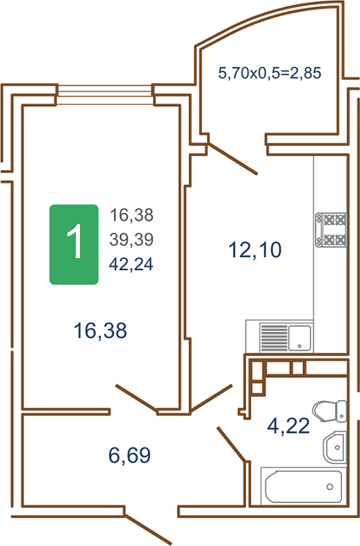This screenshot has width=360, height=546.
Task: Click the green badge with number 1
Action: click(x=74, y=245)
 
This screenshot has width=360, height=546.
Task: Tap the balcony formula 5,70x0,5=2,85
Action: click(x=270, y=73)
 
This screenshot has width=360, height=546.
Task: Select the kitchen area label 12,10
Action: click(x=255, y=250)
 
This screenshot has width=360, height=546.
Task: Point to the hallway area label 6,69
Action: click(x=130, y=455)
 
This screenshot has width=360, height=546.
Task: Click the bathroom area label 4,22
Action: click(x=288, y=426)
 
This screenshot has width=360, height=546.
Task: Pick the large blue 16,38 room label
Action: click(x=100, y=331)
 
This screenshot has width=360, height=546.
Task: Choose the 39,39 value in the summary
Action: click(x=131, y=240)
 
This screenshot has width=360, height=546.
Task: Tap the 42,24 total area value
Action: click(x=131, y=264)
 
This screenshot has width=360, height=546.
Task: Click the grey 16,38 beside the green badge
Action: click(x=132, y=215)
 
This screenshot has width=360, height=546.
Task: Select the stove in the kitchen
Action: click(x=331, y=230)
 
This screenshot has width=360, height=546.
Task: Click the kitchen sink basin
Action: click(x=300, y=338)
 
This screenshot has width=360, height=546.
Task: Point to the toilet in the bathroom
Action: click(x=329, y=411)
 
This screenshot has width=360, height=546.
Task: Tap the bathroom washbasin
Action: click(x=334, y=447)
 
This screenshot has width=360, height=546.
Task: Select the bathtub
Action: click(x=304, y=486)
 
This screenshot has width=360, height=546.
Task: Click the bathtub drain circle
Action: click(x=329, y=486)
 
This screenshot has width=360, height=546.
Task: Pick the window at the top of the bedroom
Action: click(x=104, y=94)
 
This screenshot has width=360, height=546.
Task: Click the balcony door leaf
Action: click(x=233, y=158)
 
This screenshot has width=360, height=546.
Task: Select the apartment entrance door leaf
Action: click(x=149, y=530)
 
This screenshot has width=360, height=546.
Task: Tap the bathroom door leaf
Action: click(x=232, y=444)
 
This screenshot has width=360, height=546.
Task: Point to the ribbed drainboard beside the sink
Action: click(x=274, y=338)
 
